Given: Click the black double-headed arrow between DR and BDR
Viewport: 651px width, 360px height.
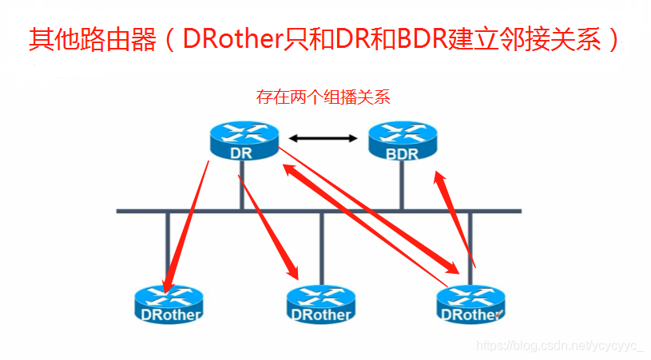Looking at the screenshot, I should coord(324,139).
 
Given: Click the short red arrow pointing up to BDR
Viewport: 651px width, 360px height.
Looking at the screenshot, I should coord(455,216).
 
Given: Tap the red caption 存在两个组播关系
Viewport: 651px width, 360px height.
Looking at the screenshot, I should coord(323,97).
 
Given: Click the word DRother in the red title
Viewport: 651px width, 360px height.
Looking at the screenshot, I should coord(232,39).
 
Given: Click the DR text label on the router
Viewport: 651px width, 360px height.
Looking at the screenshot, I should coord(240,152).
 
